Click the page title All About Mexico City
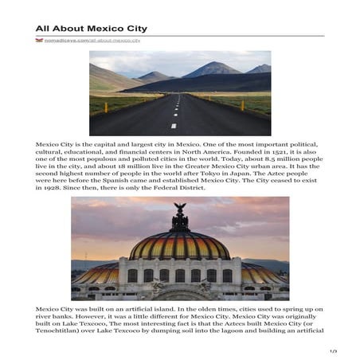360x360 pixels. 91,29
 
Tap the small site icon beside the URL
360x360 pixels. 39,40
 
